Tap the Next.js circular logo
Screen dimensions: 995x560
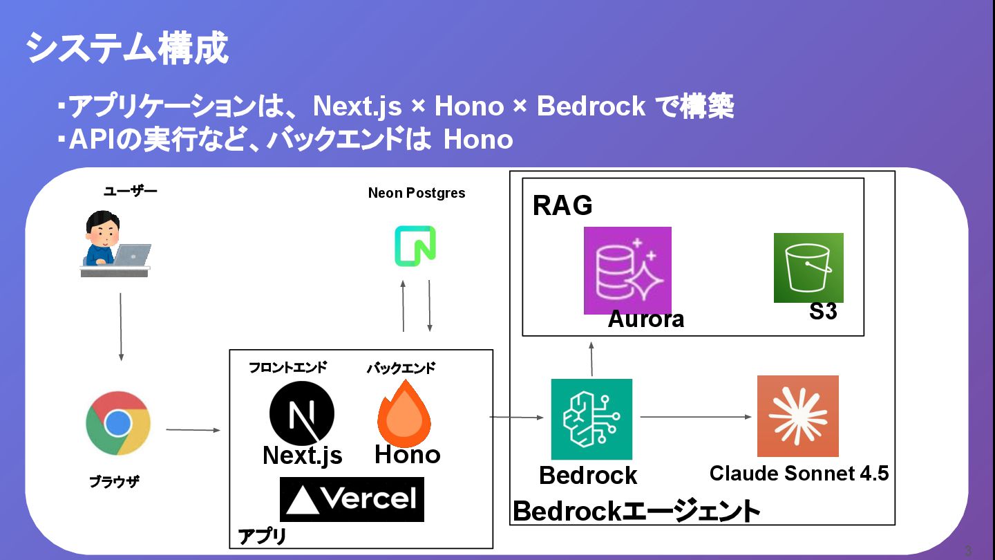(301, 414)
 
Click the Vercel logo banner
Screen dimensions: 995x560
(352, 499)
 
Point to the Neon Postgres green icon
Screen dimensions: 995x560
(415, 245)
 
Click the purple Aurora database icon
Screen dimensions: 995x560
(627, 270)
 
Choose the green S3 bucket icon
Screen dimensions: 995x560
(808, 268)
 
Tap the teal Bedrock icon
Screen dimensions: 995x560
(591, 419)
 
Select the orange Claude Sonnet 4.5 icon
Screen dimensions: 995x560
(797, 416)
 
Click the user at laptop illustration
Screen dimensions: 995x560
(115, 245)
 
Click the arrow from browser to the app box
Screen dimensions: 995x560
(193, 430)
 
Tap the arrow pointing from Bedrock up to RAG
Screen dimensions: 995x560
(591, 357)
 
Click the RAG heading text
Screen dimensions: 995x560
(562, 205)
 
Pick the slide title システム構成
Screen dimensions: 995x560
(127, 49)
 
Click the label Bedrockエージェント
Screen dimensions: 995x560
(636, 512)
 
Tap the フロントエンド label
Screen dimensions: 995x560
(287, 368)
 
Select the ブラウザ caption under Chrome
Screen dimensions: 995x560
(114, 482)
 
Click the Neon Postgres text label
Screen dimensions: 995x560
(417, 193)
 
